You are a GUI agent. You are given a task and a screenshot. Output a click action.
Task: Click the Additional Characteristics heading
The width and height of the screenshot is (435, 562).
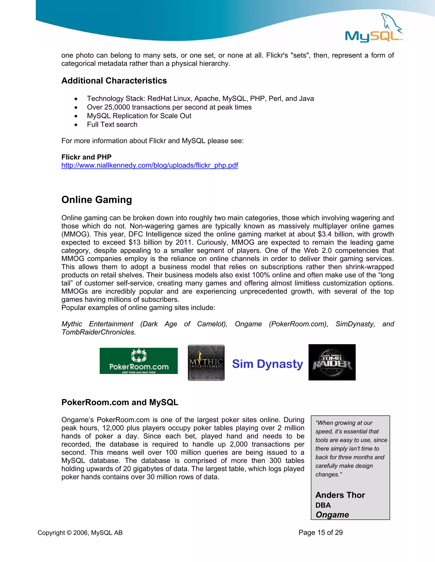[114, 81]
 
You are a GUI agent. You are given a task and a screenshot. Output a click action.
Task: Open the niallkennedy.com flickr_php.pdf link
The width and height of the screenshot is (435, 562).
[150, 165]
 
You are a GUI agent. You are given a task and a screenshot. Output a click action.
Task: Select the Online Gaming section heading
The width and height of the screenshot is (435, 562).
[97, 200]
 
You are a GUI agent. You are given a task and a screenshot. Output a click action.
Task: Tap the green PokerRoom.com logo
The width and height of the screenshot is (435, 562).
[139, 361]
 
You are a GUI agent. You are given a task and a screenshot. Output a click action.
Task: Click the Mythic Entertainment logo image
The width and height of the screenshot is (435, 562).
[206, 363]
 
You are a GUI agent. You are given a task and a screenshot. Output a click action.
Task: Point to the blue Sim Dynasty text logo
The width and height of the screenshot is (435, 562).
[267, 364]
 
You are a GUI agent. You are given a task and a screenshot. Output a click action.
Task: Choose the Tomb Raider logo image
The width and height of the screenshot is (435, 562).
[332, 362]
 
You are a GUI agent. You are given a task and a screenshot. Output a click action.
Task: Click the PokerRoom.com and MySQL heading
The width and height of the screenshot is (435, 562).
[120, 402]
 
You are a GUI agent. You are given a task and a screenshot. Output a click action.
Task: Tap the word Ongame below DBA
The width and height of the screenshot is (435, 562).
[332, 514]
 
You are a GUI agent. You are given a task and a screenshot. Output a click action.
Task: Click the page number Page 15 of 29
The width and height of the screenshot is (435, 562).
[320, 532]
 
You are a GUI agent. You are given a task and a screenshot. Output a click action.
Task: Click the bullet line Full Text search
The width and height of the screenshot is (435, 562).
[112, 124]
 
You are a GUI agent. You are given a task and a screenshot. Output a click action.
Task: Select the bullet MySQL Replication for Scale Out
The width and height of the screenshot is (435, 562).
[139, 116]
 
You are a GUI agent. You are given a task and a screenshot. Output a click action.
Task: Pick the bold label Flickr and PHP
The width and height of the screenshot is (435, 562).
[86, 157]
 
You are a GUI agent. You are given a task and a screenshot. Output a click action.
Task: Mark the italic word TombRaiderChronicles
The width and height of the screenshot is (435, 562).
[98, 332]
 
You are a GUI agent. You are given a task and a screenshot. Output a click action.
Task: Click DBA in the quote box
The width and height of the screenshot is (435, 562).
[323, 505]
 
